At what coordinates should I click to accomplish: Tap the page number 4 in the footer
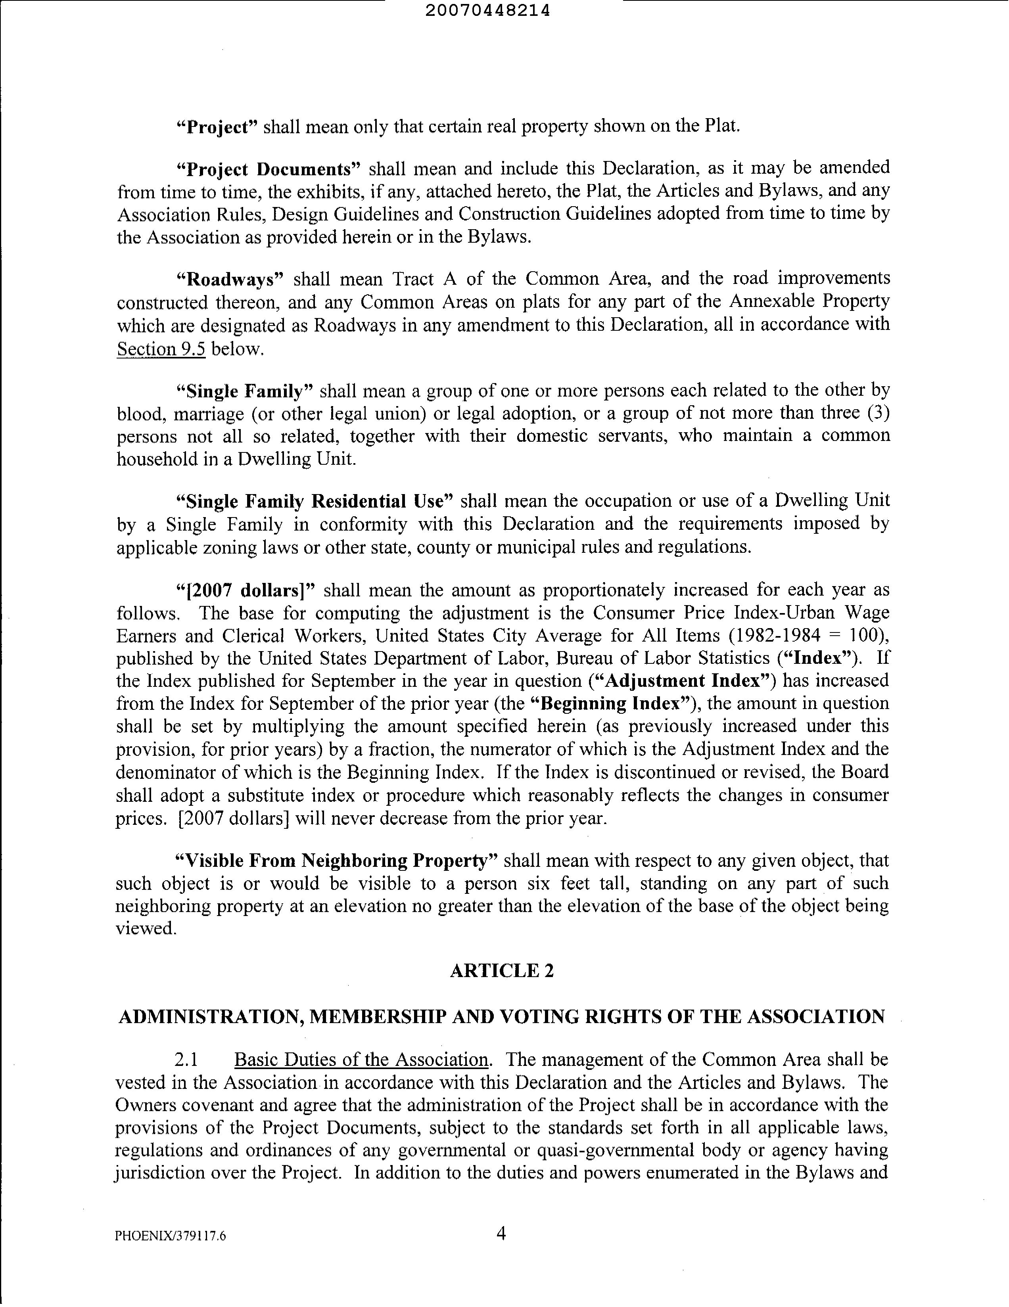pyautogui.click(x=501, y=1233)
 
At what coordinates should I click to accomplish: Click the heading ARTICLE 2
pyautogui.click(x=501, y=970)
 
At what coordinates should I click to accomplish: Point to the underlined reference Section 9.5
pyautogui.click(x=161, y=349)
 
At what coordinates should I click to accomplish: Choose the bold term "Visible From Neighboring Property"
pyautogui.click(x=336, y=860)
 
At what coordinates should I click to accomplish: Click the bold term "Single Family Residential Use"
pyautogui.click(x=315, y=501)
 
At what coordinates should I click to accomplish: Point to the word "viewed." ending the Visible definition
pyautogui.click(x=146, y=928)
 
